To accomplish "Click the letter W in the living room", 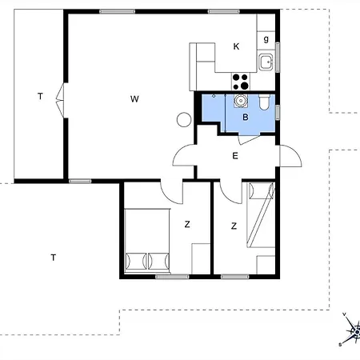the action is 134,99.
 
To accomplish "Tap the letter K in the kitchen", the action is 236,46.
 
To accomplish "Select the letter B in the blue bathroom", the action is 246,117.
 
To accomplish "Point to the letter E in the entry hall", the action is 235,156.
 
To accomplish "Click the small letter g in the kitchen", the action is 266,39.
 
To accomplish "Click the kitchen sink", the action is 266,62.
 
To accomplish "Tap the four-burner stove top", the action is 241,82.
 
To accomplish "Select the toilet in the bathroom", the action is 265,102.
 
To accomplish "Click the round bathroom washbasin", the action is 241,101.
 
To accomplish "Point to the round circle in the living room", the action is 184,119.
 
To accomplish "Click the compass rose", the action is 352,330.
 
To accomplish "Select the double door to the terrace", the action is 61,101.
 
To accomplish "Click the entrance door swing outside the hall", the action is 290,156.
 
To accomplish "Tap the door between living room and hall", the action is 184,155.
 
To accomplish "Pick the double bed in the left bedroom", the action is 147,241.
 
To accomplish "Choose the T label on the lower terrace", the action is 54,258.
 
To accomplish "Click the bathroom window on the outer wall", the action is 278,112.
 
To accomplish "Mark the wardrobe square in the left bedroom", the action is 201,258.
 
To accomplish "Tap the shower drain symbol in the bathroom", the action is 214,96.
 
